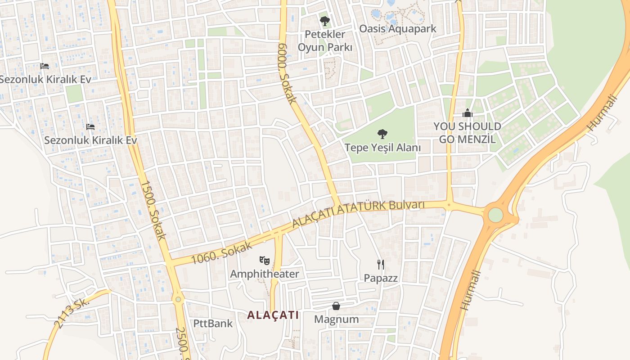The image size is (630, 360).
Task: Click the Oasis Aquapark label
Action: pyautogui.click(x=398, y=29)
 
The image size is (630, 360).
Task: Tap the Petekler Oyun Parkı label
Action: pyautogui.click(x=325, y=40)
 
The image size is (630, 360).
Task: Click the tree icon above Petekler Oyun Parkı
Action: pyautogui.click(x=324, y=21)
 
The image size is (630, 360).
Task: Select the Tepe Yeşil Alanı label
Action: pyautogui.click(x=382, y=147)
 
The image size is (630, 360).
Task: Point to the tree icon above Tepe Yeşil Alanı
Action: pyautogui.click(x=382, y=133)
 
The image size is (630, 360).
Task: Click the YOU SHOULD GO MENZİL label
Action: pyautogui.click(x=468, y=132)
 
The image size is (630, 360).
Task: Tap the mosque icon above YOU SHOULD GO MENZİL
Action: pyautogui.click(x=468, y=113)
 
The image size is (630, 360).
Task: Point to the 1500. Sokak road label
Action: pyautogui.click(x=153, y=210)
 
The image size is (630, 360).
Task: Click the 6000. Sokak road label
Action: pyautogui.click(x=287, y=73)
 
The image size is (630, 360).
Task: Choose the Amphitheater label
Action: pyautogui.click(x=265, y=274)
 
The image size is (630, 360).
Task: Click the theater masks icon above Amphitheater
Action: pyautogui.click(x=265, y=260)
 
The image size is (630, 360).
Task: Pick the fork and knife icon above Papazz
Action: pyautogui.click(x=381, y=264)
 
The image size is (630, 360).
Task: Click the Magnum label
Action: pyautogui.click(x=337, y=319)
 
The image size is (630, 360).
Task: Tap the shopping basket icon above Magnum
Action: pyautogui.click(x=336, y=306)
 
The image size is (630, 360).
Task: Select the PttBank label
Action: pyautogui.click(x=213, y=323)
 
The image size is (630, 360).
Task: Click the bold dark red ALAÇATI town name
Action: pyautogui.click(x=273, y=315)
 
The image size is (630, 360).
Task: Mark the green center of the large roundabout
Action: pyautogui.click(x=495, y=215)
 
